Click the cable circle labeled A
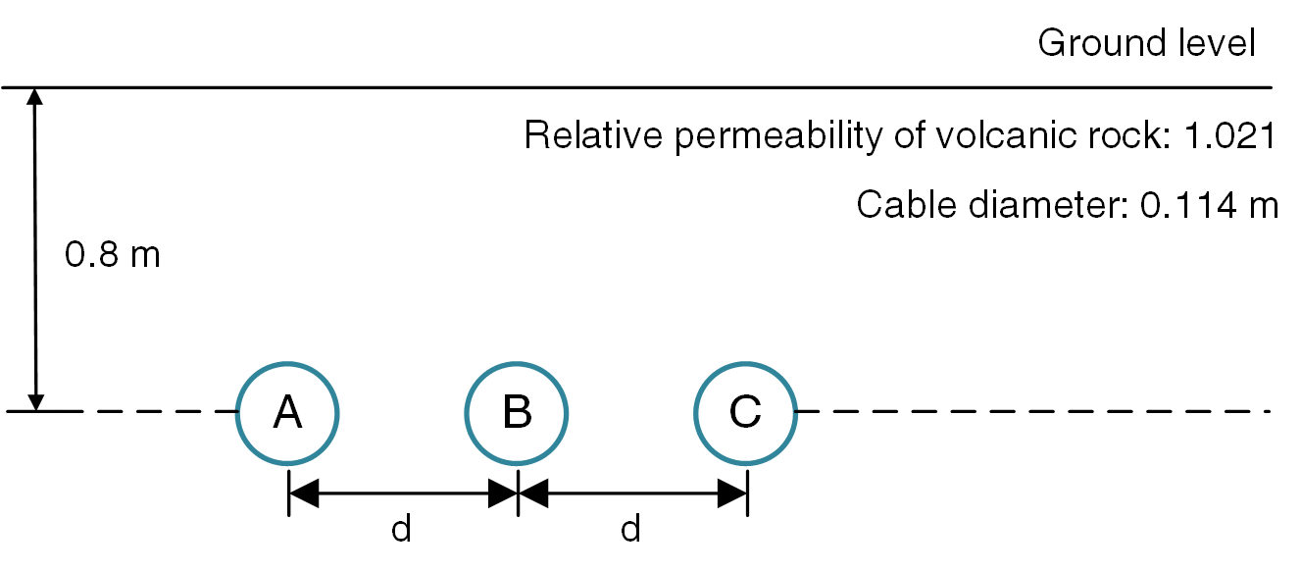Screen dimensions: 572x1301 tap(287, 412)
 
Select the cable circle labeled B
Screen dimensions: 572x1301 tap(517, 412)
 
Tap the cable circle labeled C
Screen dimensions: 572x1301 tap(746, 412)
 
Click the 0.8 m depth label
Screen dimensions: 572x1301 tap(112, 256)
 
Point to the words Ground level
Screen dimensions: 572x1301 tap(1146, 44)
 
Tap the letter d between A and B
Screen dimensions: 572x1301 tap(400, 530)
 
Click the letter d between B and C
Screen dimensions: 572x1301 tap(630, 530)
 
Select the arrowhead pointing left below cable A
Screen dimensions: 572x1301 tap(304, 494)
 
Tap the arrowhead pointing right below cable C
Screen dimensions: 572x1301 tap(731, 494)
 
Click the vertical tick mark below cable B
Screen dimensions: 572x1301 tap(517, 494)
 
